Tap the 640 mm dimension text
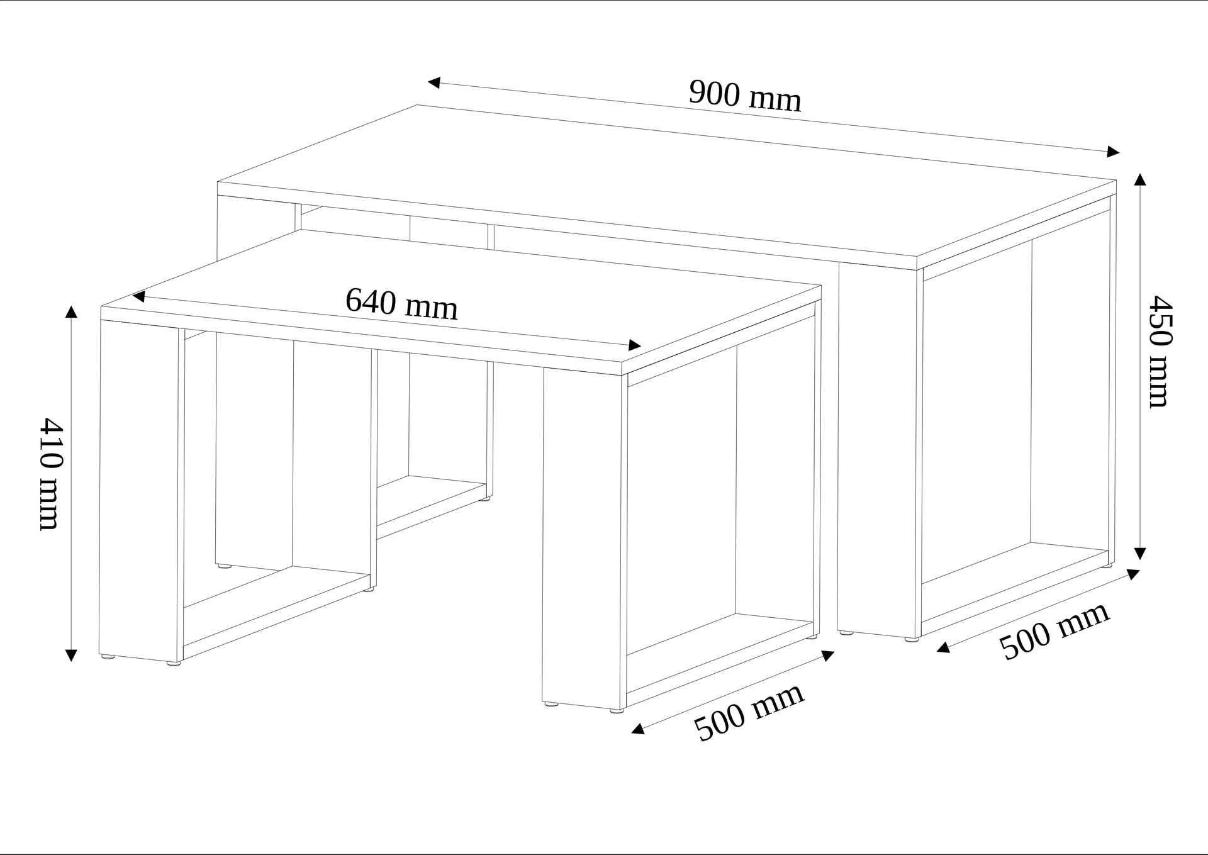click(x=401, y=304)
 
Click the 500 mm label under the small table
click(x=749, y=712)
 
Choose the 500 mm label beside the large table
click(x=1054, y=631)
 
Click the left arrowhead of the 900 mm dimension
click(x=433, y=82)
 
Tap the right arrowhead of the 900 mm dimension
click(x=1113, y=152)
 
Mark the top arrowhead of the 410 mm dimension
click(x=71, y=311)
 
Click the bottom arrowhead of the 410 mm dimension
click(x=71, y=655)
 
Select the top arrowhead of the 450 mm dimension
click(x=1139, y=179)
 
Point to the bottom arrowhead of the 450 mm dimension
click(x=1139, y=554)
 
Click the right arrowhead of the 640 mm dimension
click(x=635, y=345)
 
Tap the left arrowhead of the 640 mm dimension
click(x=139, y=296)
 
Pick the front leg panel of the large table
click(x=879, y=450)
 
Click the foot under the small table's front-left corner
click(x=108, y=657)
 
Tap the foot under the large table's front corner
click(x=911, y=639)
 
